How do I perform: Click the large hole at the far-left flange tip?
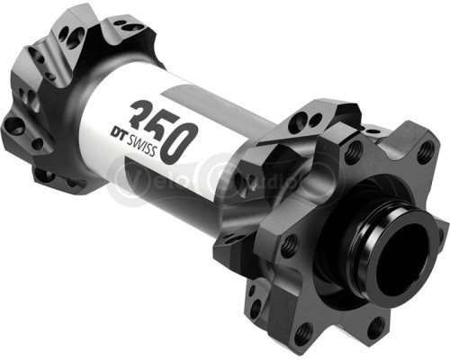(x=13, y=125)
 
